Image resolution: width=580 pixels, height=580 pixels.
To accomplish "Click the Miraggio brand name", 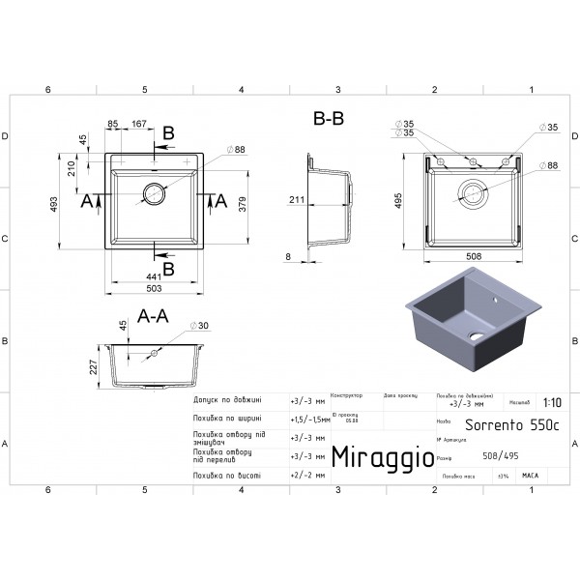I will point(383,456).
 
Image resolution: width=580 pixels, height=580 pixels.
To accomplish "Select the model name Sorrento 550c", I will point(499,424).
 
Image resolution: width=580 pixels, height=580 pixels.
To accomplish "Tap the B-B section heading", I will point(329,119).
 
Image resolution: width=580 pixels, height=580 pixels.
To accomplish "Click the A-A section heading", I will point(155,315).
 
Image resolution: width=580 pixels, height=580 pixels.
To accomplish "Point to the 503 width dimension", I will point(155,288).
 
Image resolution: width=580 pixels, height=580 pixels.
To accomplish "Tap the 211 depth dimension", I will point(296,200).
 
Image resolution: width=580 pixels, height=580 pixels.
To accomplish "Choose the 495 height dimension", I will point(399,198).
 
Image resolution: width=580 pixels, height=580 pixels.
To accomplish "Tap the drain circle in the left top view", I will point(155,192).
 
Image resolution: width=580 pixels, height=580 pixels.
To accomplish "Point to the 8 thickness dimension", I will point(289,256).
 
